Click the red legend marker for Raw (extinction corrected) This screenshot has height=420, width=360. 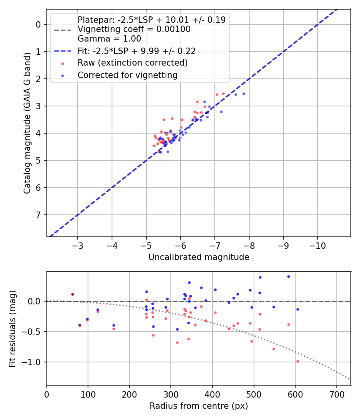[62, 63]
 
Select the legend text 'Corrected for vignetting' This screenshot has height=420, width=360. [128, 75]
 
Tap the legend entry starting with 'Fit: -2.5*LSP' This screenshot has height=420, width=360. [136, 51]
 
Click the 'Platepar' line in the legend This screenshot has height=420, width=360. [152, 20]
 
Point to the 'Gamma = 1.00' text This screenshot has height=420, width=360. [109, 39]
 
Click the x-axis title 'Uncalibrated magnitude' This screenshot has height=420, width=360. [199, 257]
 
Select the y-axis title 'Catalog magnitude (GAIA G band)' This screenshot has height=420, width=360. [27, 123]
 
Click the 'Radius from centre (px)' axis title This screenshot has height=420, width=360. [199, 406]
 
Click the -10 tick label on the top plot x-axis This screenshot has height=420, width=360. [318, 245]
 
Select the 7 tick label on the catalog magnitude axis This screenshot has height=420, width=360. [38, 215]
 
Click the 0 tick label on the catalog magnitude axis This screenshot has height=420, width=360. [38, 24]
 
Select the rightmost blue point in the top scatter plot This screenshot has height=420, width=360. [244, 94]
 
